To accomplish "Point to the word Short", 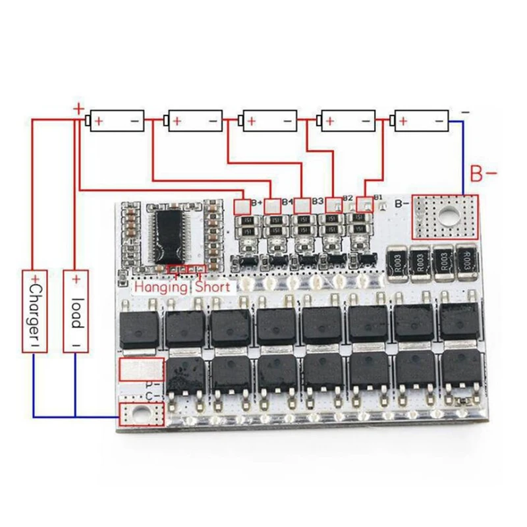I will click(213, 287).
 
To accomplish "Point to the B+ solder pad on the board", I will click(241, 206).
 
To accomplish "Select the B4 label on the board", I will click(287, 201).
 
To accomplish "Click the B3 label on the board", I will click(318, 201).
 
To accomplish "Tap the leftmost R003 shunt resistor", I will click(397, 262).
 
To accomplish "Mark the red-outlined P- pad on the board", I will click(140, 370).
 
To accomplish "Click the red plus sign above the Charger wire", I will click(78, 109).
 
